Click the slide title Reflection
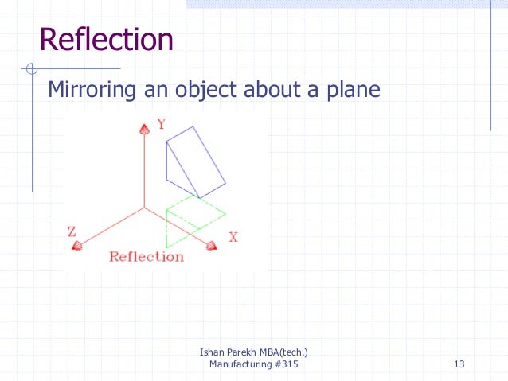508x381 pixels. click(x=106, y=39)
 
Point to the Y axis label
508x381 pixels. click(x=161, y=124)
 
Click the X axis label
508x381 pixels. click(x=233, y=237)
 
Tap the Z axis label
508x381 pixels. click(x=71, y=231)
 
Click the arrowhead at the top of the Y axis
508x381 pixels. click(x=144, y=128)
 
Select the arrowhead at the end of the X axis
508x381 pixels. click(x=211, y=246)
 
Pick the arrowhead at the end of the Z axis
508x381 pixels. click(x=76, y=247)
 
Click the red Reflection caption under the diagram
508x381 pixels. click(x=146, y=256)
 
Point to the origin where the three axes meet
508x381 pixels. click(x=144, y=208)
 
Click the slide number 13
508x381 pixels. click(x=458, y=364)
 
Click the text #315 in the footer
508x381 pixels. click(x=289, y=364)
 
